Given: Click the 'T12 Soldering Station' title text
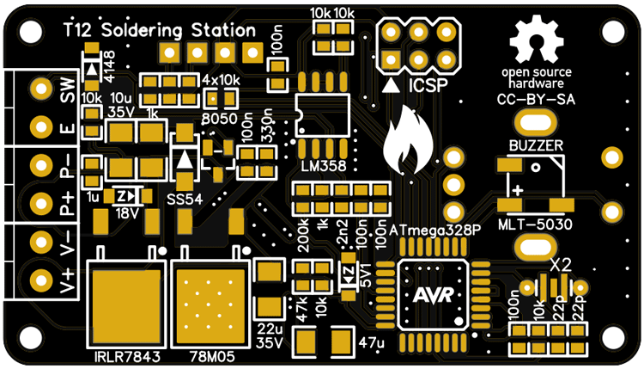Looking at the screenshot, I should (147, 30).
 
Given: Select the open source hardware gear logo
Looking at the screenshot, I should (537, 42).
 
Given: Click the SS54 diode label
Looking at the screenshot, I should (185, 200).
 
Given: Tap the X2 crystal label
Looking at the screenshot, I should (561, 264).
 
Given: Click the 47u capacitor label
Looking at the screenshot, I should (371, 343).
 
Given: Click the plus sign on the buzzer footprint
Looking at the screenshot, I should (518, 188).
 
